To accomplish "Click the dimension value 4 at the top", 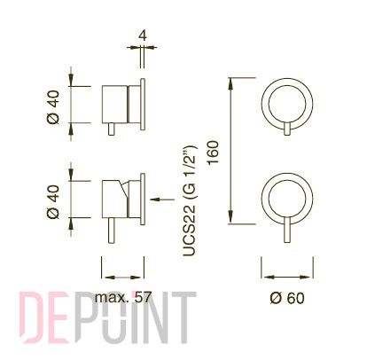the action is (x=143, y=35).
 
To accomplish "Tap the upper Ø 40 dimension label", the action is (x=53, y=107).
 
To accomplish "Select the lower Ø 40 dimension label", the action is (x=53, y=202).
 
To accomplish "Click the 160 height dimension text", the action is (x=213, y=153).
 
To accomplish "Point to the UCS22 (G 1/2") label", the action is (x=190, y=200).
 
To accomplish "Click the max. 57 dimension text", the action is (x=123, y=297).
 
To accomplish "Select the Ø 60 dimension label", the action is (x=287, y=298).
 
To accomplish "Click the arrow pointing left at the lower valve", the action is (x=162, y=200).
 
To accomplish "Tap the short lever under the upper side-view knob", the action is (x=112, y=129).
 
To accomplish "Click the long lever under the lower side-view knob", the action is (x=112, y=231).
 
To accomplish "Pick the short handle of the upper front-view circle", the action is (x=287, y=129).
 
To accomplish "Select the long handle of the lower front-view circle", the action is (x=287, y=230).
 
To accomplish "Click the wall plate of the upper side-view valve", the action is (x=143, y=105).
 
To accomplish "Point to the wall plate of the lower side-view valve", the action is (x=143, y=199).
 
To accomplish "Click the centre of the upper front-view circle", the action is (x=287, y=104).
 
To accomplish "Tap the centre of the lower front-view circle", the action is (x=287, y=199).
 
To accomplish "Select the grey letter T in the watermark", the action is (x=184, y=317).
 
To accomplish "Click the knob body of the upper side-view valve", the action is (x=114, y=105).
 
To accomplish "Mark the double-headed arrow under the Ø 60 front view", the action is (x=287, y=277).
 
